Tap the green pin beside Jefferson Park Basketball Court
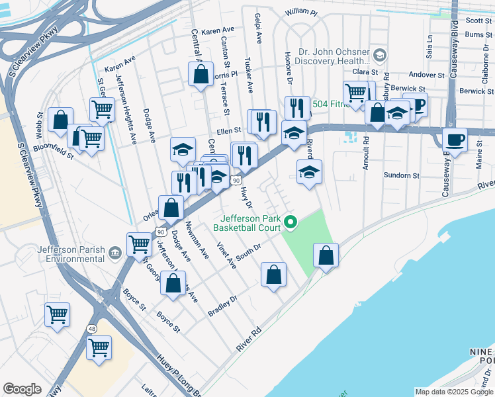coord(289,222)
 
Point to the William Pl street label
coord(302,13)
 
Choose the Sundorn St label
coord(402,175)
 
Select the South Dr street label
coord(250,252)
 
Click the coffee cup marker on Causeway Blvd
coord(454,140)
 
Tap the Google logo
coord(22,389)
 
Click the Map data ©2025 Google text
coord(454,392)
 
